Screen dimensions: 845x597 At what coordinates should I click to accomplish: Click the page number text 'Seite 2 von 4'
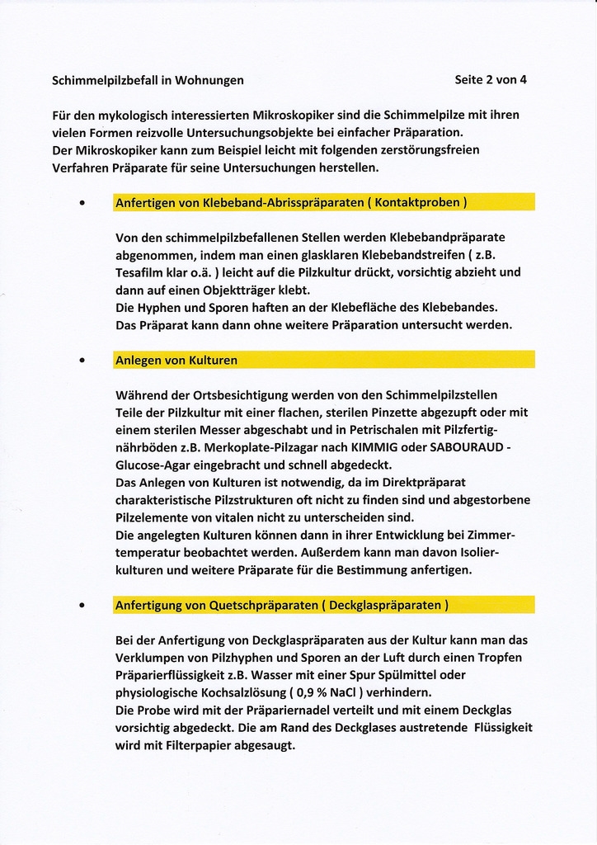pyautogui.click(x=491, y=80)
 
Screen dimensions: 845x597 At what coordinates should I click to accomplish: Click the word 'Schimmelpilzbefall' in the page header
pyautogui.click(x=105, y=81)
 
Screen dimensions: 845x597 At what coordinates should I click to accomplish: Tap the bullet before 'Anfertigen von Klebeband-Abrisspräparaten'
pyautogui.click(x=82, y=202)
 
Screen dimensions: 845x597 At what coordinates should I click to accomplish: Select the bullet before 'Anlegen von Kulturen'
pyautogui.click(x=82, y=361)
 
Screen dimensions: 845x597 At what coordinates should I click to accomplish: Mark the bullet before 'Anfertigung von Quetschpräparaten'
pyautogui.click(x=82, y=606)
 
